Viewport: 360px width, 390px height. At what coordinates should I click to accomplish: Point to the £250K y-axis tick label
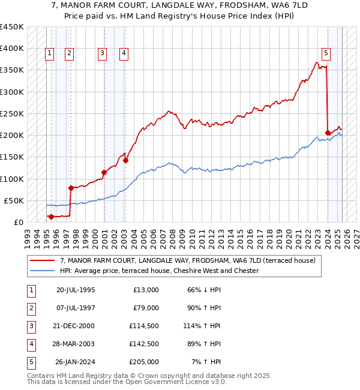[x=12, y=113]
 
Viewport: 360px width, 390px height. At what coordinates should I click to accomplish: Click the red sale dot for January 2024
[x=328, y=133]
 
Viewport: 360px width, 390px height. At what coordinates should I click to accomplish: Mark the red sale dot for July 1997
[x=71, y=188]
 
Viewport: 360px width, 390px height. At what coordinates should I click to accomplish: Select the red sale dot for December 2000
[x=104, y=172]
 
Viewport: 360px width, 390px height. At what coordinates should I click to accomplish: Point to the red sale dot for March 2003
[x=126, y=160]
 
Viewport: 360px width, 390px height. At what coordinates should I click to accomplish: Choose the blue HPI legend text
[x=159, y=271]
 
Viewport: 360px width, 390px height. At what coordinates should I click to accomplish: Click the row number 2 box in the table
[x=31, y=308]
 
